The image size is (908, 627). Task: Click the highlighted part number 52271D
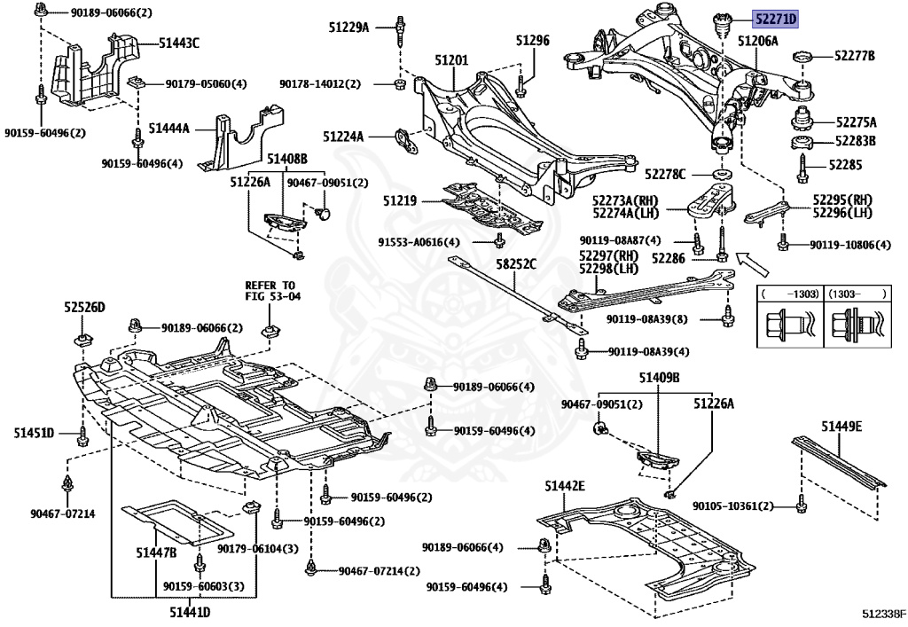pyautogui.click(x=776, y=18)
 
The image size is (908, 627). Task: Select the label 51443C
pyautogui.click(x=179, y=42)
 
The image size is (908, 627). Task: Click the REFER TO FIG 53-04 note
pyautogui.click(x=273, y=290)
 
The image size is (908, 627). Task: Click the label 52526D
pyautogui.click(x=84, y=307)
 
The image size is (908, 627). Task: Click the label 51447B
pyautogui.click(x=156, y=553)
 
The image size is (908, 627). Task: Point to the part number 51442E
pyautogui.click(x=565, y=486)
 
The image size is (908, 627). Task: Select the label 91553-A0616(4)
pyautogui.click(x=419, y=241)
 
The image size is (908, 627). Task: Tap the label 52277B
pyautogui.click(x=854, y=56)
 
